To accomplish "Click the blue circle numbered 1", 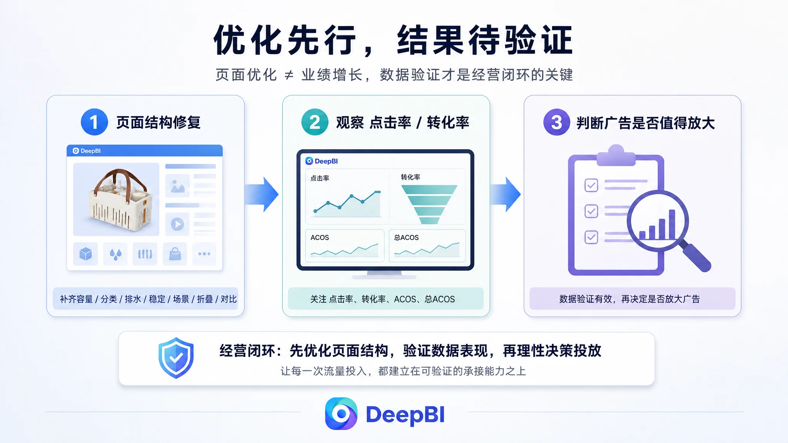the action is (94, 122).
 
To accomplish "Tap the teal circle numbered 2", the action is (315, 122).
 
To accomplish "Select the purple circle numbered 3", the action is (556, 122).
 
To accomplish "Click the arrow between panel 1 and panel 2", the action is (262, 194).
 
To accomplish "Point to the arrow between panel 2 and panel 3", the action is (505, 194).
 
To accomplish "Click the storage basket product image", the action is (116, 199).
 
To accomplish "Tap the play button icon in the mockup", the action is (177, 224).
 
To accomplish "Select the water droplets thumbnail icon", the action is (115, 254).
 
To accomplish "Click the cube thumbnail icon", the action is (85, 254).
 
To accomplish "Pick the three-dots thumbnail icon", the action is (204, 254).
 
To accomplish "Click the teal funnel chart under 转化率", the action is (429, 204).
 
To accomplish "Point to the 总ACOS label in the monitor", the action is (406, 238).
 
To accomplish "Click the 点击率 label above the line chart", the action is (320, 178).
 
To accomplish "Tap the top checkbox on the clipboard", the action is (591, 185).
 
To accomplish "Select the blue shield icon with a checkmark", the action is (176, 358).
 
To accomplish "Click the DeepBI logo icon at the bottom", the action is (341, 414).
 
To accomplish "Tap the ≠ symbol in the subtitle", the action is (289, 75).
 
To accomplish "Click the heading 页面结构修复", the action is (159, 123).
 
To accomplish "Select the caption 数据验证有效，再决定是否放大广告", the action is (629, 299).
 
